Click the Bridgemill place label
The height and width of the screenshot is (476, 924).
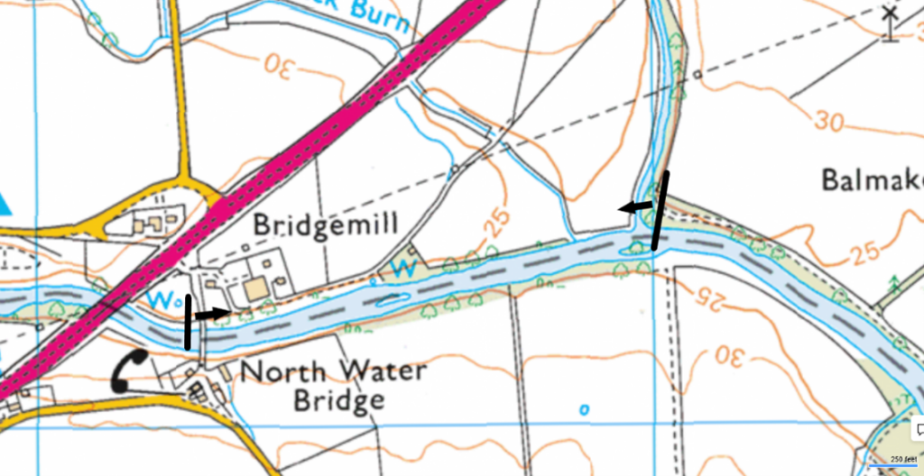(x=325, y=224)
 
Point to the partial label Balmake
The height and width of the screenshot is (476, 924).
(x=872, y=179)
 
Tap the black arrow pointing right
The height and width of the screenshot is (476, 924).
(x=213, y=315)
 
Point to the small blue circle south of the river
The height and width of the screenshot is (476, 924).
(x=584, y=409)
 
